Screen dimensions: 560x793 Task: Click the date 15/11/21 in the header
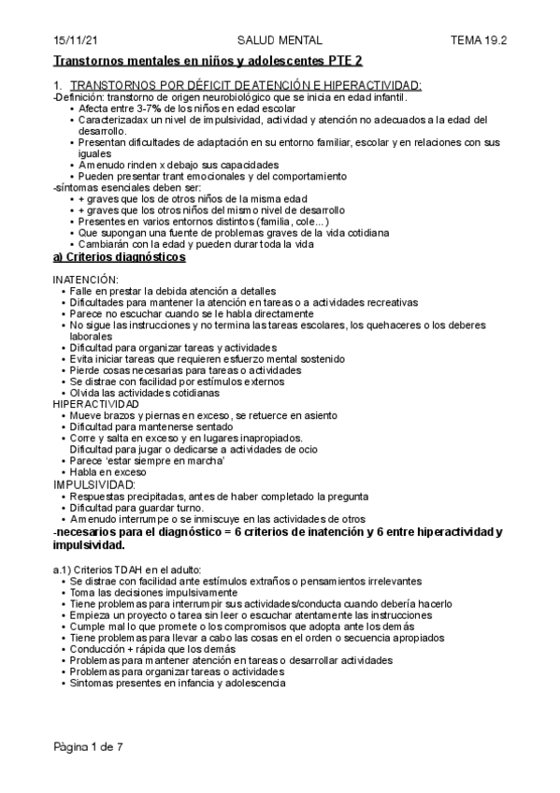(72, 40)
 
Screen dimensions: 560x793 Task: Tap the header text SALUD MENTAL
(280, 40)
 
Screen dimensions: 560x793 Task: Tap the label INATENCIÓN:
(85, 280)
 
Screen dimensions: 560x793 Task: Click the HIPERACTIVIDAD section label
(95, 403)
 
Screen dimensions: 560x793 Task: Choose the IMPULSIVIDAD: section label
(93, 484)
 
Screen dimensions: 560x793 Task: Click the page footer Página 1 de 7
(88, 748)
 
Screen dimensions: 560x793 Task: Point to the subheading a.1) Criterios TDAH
(126, 570)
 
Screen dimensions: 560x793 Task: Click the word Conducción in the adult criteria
(97, 649)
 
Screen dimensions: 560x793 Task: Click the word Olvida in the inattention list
(85, 393)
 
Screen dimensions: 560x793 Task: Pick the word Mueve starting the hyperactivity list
(85, 415)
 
